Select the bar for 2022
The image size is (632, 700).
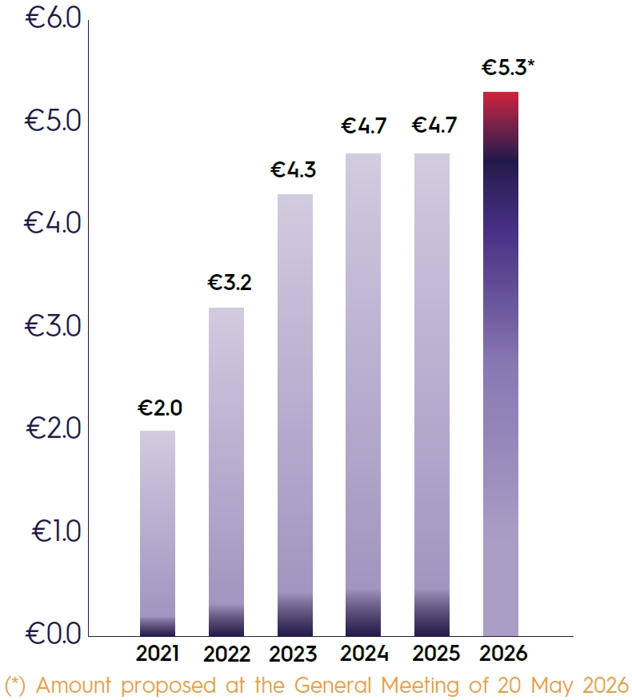pos(226,471)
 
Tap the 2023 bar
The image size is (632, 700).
pos(294,415)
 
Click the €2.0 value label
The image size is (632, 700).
pos(160,408)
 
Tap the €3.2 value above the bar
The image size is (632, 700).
pos(230,283)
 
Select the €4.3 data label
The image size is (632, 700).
pos(294,169)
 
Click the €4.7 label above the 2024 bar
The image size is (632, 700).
pos(364,126)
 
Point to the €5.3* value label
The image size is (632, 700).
pos(507,68)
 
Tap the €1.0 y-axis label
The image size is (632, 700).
pos(56,531)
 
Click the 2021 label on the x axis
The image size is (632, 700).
pos(158,654)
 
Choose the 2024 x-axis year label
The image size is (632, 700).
pos(364,654)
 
